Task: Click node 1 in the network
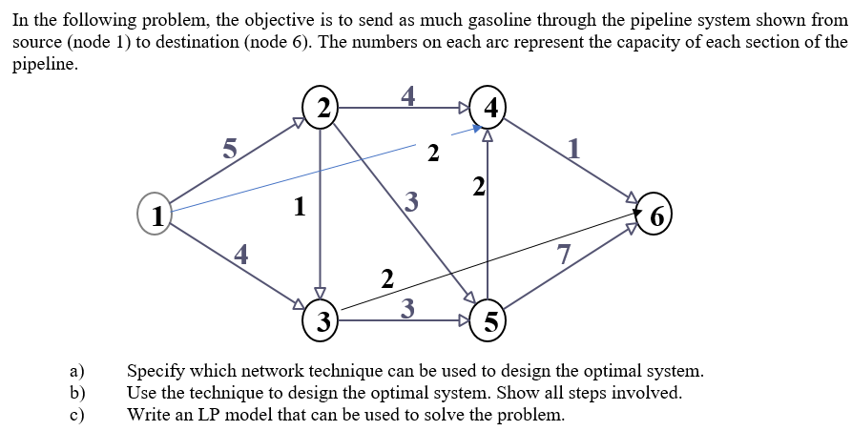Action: pyautogui.click(x=155, y=212)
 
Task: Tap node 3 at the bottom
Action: pyautogui.click(x=323, y=319)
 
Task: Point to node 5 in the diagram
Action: pyautogui.click(x=488, y=320)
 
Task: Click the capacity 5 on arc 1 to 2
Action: pyautogui.click(x=228, y=148)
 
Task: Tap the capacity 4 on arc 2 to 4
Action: pyautogui.click(x=408, y=94)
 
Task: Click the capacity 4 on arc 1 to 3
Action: pyautogui.click(x=241, y=254)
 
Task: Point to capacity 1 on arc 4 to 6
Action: pyautogui.click(x=572, y=148)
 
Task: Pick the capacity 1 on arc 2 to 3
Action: pyautogui.click(x=300, y=206)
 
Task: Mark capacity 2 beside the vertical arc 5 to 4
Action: pyautogui.click(x=479, y=185)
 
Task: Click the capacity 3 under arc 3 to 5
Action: pyautogui.click(x=407, y=306)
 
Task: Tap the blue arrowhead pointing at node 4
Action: pyautogui.click(x=475, y=130)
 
